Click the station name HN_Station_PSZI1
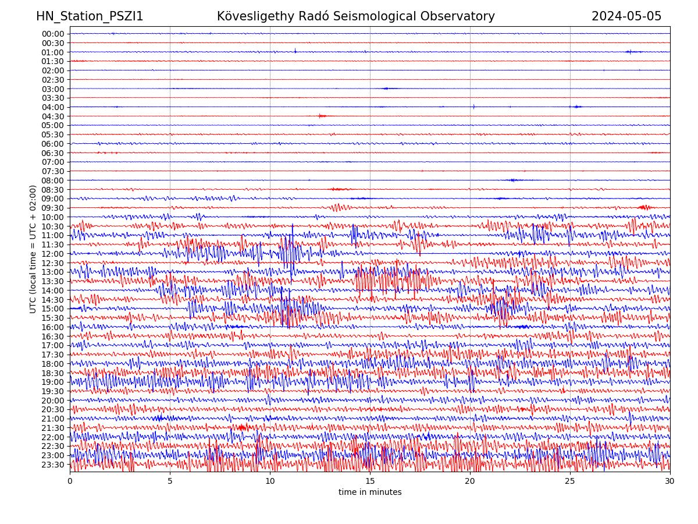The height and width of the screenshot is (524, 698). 90,16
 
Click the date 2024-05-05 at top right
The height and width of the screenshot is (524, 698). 626,16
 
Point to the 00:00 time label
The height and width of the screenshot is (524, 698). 53,34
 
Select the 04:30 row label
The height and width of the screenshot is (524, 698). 53,116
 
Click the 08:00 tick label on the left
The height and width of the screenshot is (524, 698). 53,180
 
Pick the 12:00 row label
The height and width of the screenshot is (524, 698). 53,254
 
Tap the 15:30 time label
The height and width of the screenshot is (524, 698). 53,318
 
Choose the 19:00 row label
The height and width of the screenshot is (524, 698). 53,382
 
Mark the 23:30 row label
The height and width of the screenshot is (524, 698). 53,465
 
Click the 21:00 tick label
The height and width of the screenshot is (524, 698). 53,419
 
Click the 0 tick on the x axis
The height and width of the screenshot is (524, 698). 70,481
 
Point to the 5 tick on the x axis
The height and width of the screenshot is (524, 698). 170,481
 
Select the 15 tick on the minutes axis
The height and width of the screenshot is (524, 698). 370,481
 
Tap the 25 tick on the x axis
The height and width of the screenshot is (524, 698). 570,481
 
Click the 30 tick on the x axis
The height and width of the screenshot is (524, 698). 670,481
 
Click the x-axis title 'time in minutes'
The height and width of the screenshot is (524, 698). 370,493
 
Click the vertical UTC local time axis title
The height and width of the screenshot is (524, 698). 34,249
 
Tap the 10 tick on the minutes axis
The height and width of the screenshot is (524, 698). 270,481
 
